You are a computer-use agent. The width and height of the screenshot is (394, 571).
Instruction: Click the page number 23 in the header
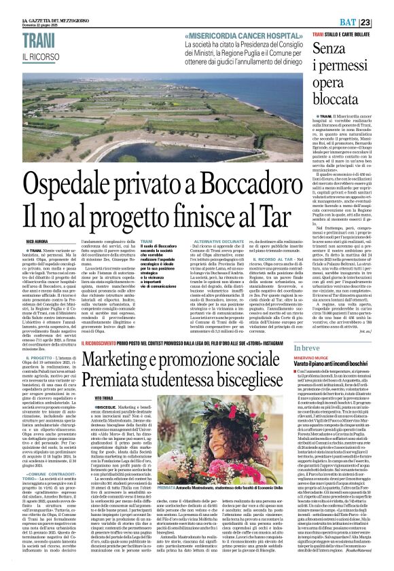tap(384, 5)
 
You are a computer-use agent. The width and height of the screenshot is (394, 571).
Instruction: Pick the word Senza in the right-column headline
tap(338, 48)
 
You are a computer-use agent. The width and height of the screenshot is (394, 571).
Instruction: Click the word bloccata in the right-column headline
tap(344, 81)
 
